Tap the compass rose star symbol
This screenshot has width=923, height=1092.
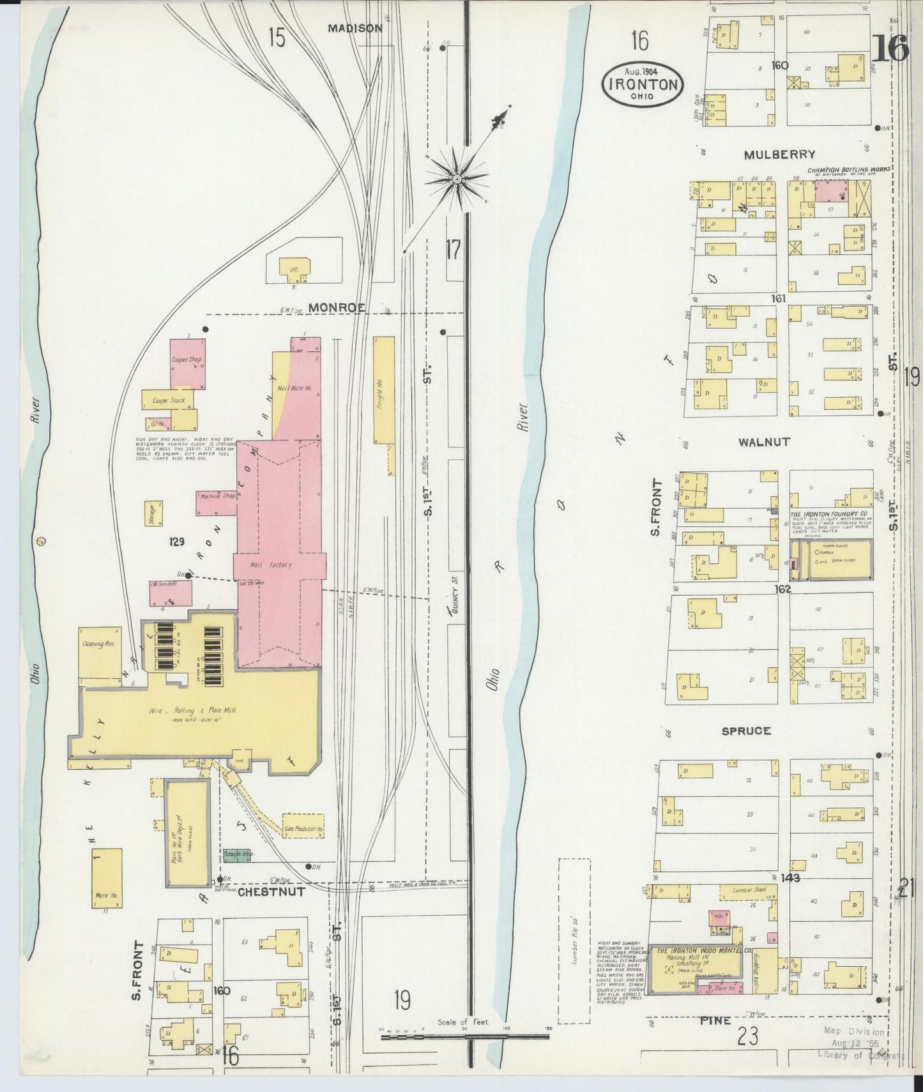(x=457, y=181)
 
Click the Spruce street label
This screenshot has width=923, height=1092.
(x=745, y=731)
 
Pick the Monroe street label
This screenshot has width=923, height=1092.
(x=337, y=307)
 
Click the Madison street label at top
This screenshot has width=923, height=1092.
(x=355, y=28)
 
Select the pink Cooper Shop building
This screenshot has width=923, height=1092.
(x=187, y=364)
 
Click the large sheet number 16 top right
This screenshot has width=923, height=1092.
(x=889, y=49)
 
